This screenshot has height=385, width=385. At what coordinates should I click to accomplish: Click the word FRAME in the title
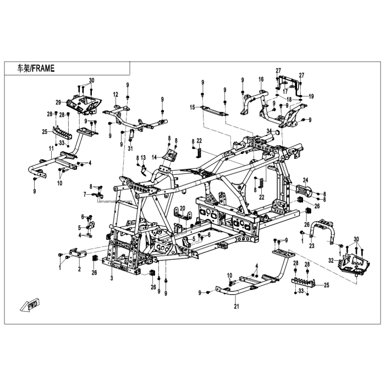(x=44, y=68)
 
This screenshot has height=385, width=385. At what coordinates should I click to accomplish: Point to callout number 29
(x=57, y=102)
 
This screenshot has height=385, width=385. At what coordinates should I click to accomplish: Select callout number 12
(x=116, y=95)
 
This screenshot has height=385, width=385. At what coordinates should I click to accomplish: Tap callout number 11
(x=51, y=149)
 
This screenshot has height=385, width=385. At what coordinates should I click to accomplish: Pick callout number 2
(x=79, y=269)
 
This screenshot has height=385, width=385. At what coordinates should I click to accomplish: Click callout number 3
(x=112, y=279)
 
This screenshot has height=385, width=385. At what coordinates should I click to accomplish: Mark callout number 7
(x=85, y=194)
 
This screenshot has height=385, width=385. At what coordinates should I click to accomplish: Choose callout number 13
(x=142, y=158)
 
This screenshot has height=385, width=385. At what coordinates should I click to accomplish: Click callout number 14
(x=155, y=156)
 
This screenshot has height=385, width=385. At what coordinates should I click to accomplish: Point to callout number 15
(x=193, y=107)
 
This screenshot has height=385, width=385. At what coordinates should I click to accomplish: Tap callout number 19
(x=311, y=96)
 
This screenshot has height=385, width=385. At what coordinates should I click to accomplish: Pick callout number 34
(x=269, y=130)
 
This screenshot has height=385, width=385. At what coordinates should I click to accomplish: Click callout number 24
(x=306, y=180)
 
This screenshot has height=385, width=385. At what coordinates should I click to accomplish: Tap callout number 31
(x=131, y=148)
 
